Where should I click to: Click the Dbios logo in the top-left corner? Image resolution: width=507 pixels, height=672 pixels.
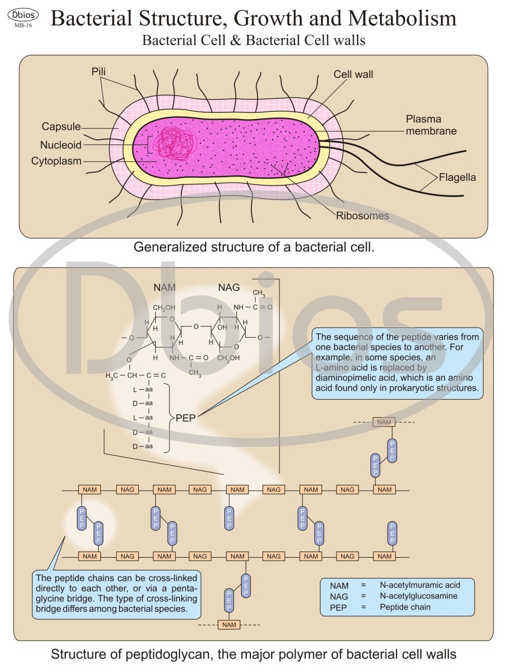(23, 15)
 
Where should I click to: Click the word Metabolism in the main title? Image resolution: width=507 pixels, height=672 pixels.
(402, 19)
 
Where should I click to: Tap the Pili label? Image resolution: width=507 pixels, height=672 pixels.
(99, 72)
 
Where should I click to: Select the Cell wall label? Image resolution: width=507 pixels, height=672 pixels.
(353, 74)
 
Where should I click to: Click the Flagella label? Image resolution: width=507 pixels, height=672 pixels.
(457, 177)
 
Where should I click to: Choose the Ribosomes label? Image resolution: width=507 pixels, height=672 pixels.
(362, 216)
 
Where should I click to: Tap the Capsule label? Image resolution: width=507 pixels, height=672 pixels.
(61, 127)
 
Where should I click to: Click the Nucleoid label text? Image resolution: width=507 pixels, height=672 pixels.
(61, 145)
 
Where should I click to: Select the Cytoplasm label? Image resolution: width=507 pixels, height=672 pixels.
(56, 161)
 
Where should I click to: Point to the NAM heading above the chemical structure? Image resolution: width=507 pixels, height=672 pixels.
(165, 287)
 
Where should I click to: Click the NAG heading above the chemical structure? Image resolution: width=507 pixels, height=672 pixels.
(229, 287)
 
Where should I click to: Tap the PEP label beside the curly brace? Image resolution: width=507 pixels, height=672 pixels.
(185, 418)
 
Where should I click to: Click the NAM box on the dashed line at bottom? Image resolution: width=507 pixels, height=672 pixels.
(229, 625)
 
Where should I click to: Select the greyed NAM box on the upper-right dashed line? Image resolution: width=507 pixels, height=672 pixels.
(384, 422)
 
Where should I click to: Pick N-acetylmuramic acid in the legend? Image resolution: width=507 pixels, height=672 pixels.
(420, 585)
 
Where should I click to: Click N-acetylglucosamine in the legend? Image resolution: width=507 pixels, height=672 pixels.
(418, 596)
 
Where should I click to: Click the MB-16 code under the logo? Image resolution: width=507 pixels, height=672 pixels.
(23, 25)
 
